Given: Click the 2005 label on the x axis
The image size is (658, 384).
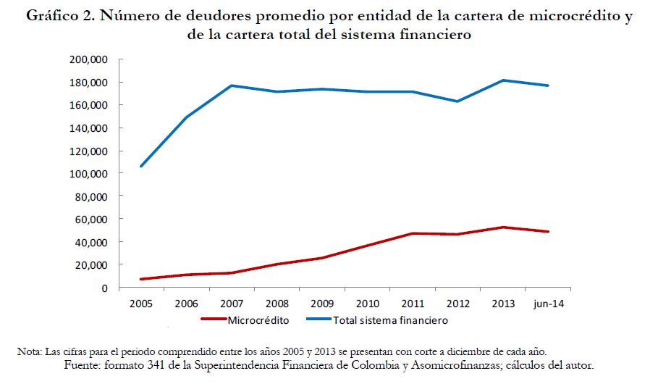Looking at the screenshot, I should [140, 304].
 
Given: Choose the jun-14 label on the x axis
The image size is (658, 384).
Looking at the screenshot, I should [548, 304].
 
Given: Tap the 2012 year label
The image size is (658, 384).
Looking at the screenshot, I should [457, 304].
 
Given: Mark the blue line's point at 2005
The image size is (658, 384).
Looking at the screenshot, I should [140, 166].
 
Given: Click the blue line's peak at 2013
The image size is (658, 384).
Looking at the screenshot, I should [503, 80].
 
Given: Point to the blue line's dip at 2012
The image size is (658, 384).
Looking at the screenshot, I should [457, 101].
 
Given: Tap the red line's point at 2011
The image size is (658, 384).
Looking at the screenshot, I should [412, 233].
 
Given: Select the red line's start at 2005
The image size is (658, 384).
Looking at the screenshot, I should [140, 279].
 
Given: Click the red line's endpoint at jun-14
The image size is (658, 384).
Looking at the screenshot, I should [548, 232].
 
